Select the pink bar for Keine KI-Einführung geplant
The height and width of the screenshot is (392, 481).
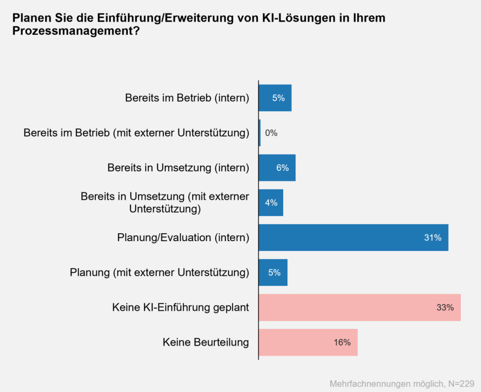(x=359, y=307)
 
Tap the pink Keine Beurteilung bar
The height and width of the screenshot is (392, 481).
(x=308, y=342)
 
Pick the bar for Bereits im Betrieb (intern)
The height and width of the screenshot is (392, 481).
(x=275, y=98)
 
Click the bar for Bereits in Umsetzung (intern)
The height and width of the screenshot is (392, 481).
(x=277, y=168)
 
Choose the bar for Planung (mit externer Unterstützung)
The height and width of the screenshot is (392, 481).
(x=273, y=272)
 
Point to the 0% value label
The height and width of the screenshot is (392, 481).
(x=271, y=133)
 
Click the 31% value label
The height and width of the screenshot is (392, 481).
(x=433, y=238)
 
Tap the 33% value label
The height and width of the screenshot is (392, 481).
(x=445, y=308)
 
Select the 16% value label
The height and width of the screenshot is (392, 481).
(x=342, y=343)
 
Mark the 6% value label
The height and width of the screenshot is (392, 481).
(x=282, y=168)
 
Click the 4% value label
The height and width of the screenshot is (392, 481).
(x=271, y=203)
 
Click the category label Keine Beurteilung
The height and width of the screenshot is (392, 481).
(x=206, y=342)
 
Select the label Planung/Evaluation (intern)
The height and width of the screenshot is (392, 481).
(x=183, y=237)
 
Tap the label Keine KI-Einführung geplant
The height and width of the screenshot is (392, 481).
(x=180, y=307)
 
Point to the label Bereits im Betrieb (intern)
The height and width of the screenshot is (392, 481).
(x=186, y=98)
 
